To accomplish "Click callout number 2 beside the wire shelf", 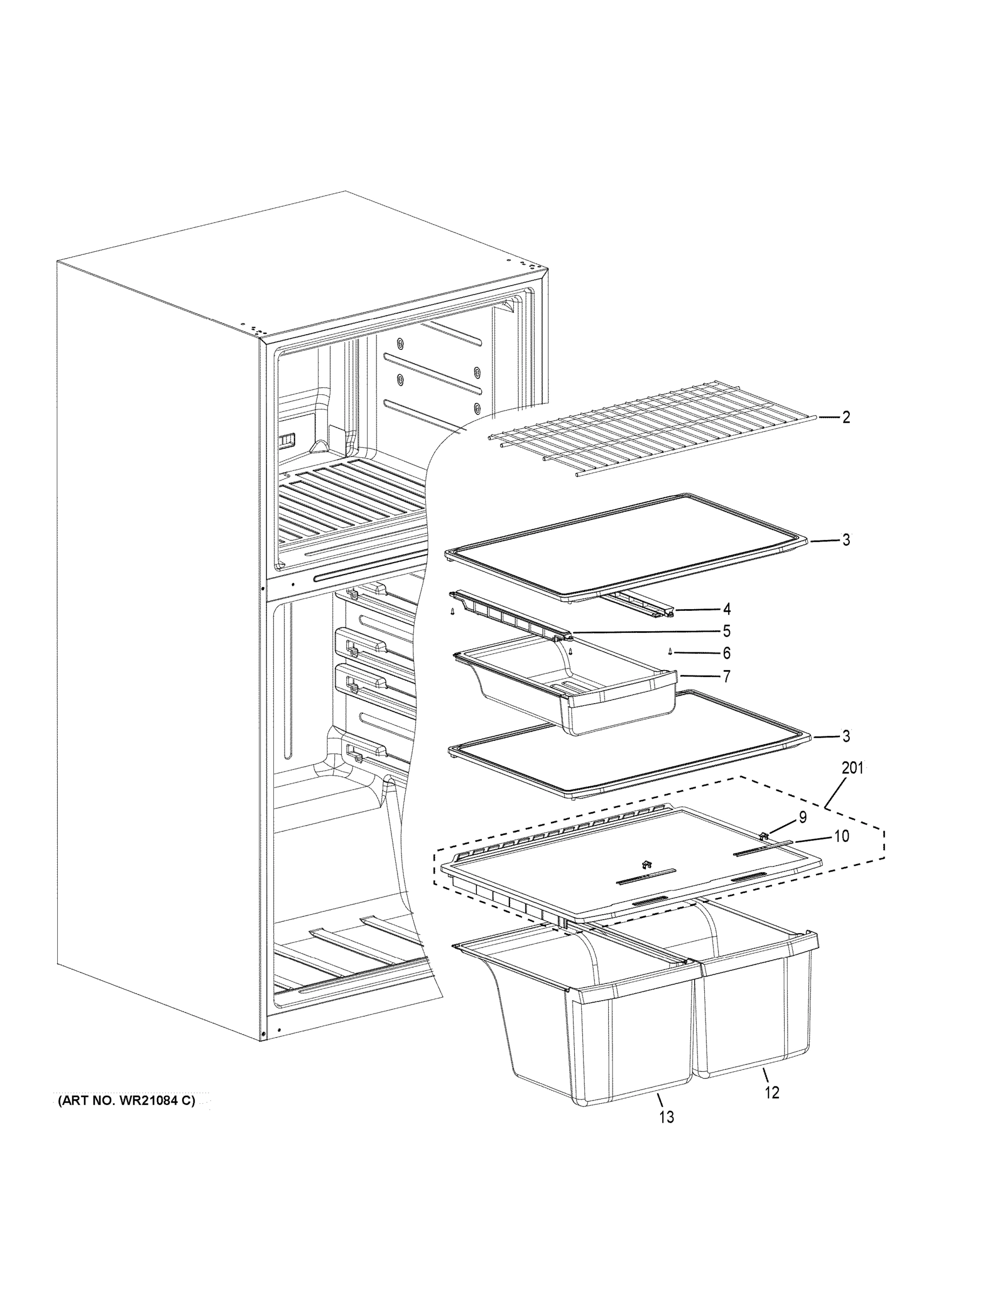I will click(x=845, y=418).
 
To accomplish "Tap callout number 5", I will click(x=727, y=631).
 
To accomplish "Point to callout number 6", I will click(x=727, y=653).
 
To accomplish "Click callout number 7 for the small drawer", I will click(x=727, y=676).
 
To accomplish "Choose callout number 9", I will click(x=802, y=818).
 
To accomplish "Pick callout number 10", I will click(x=841, y=836).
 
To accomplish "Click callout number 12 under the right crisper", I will click(x=772, y=1092).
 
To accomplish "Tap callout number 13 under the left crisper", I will click(x=667, y=1117).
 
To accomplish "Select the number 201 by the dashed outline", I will click(x=852, y=768).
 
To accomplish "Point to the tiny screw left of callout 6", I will click(x=670, y=652).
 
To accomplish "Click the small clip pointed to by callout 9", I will click(x=764, y=836).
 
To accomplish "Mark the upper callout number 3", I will click(x=845, y=541).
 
